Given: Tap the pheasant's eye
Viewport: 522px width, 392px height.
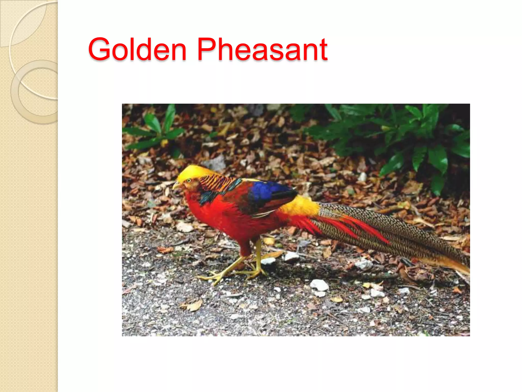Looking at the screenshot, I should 189,181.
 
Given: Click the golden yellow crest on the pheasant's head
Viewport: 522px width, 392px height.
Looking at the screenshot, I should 194,171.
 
